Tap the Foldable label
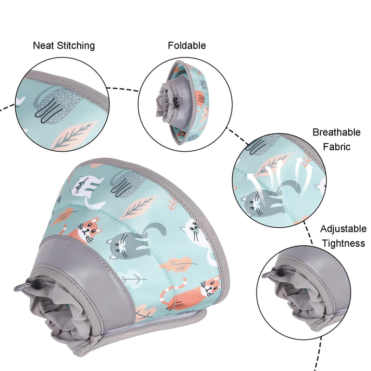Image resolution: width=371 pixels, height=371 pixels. click(x=187, y=45)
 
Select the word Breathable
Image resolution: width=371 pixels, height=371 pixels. click(x=337, y=132)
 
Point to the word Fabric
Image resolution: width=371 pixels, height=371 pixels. click(x=337, y=147)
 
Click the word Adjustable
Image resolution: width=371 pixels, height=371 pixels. click(x=343, y=229)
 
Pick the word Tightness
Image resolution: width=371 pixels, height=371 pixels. click(x=343, y=243)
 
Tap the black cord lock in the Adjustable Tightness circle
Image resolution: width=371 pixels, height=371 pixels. click(x=282, y=272)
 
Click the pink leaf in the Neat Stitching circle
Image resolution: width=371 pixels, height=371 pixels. click(x=74, y=136)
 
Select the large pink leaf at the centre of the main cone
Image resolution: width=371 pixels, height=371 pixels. click(x=138, y=207)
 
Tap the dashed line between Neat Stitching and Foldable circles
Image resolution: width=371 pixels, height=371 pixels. click(x=122, y=89)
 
